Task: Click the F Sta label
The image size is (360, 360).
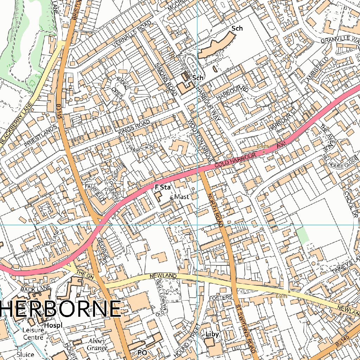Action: (x=162, y=188)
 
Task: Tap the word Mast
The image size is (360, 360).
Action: (x=181, y=197)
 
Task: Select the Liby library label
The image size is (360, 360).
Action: (x=212, y=334)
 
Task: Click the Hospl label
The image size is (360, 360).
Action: (x=53, y=325)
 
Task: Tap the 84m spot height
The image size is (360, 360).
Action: (x=262, y=146)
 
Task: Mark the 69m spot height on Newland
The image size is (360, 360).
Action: (x=281, y=296)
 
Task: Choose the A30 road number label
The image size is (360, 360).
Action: (x=280, y=144)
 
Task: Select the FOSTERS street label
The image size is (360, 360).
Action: (x=221, y=297)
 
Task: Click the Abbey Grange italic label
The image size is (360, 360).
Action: (x=97, y=345)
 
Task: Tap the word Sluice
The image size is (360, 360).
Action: (x=26, y=354)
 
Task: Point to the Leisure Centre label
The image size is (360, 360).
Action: (x=32, y=334)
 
